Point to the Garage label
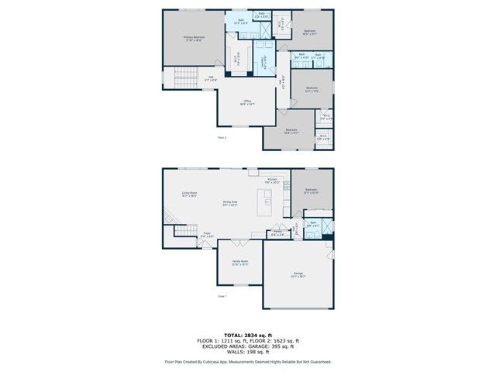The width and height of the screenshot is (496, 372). coord(298,274)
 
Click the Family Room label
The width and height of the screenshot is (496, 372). coord(240,263)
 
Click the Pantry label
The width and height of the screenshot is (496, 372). coord(277,232)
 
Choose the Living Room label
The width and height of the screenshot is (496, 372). coord(189,195)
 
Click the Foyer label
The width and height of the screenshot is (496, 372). coord(208,234)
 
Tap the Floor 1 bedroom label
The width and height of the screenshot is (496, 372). coord(311,191)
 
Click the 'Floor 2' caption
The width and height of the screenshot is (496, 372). coord(222,137)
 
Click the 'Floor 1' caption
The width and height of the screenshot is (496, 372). coord(222,296)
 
